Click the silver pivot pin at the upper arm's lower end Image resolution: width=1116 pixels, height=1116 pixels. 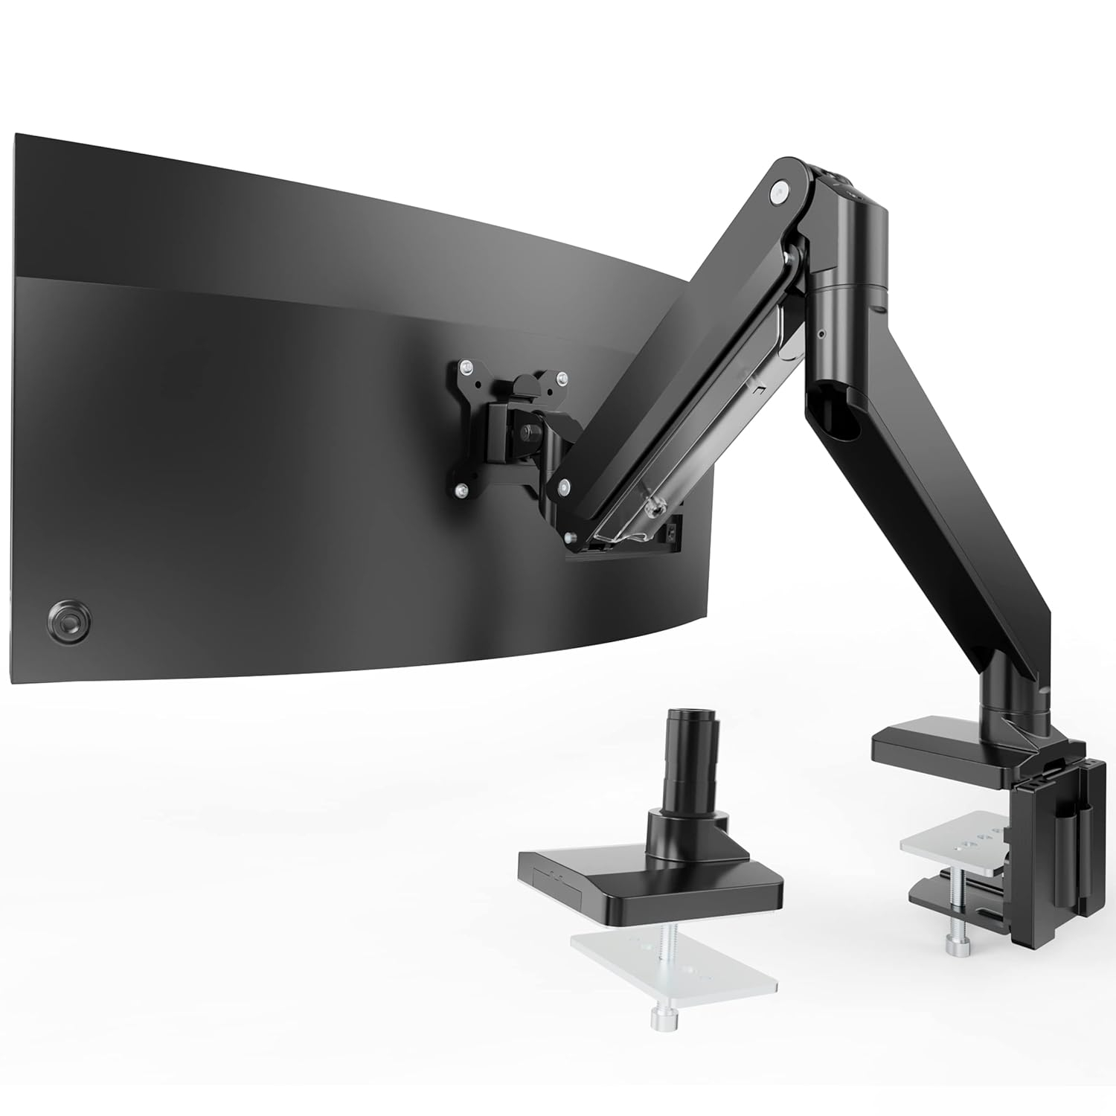(x=565, y=487)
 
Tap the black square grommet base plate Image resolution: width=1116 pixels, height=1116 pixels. (x=647, y=882)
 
